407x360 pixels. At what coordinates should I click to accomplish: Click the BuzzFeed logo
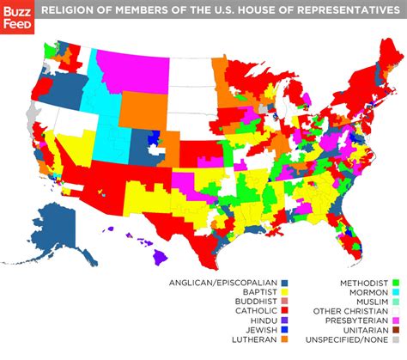(x=17, y=17)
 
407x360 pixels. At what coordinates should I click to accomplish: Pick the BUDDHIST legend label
(x=249, y=304)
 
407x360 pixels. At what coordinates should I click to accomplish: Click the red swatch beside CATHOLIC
(x=284, y=315)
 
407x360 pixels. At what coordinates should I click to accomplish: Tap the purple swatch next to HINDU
(x=284, y=326)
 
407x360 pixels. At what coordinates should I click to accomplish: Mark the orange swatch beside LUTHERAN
(x=284, y=349)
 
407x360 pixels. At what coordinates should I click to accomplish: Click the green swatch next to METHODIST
(x=397, y=282)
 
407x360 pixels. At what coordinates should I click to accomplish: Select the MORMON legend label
(x=368, y=293)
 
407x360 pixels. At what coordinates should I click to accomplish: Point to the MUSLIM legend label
(x=369, y=304)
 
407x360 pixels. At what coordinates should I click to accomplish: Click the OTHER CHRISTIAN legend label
(x=349, y=315)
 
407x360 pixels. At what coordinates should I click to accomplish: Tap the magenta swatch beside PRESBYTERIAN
(x=397, y=326)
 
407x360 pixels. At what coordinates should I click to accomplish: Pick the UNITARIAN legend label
(x=362, y=338)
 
